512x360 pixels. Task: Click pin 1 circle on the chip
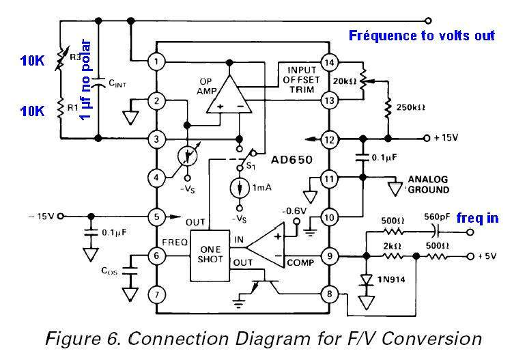click(156, 62)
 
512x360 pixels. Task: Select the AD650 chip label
click(289, 158)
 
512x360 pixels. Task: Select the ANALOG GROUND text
click(428, 185)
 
